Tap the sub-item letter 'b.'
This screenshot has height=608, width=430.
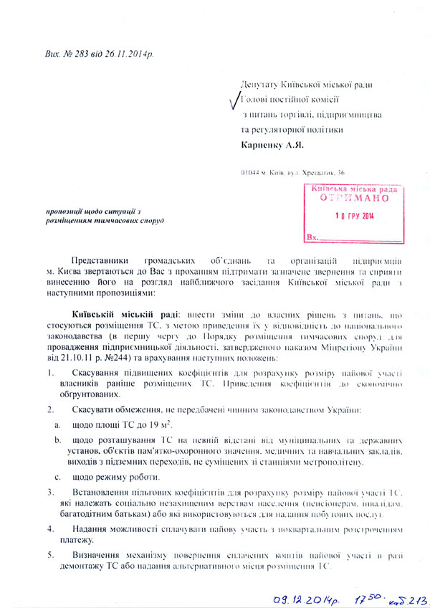click(x=57, y=438)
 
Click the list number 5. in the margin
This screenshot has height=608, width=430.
click(x=50, y=555)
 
